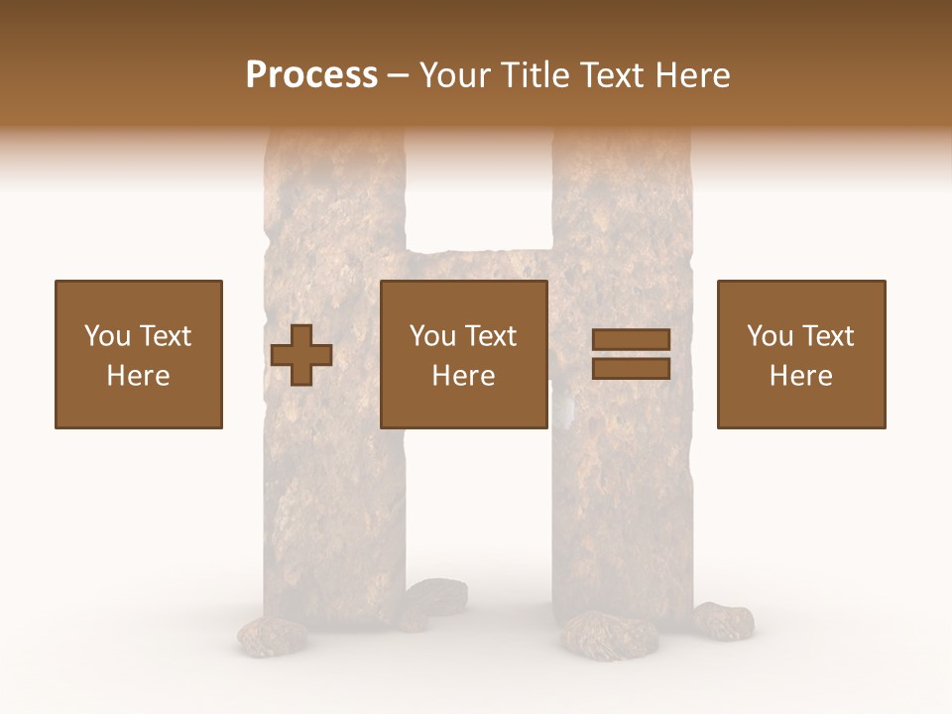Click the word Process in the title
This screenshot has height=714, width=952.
click(x=311, y=75)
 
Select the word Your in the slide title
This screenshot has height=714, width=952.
click(x=451, y=75)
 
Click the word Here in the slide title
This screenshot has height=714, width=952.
click(x=692, y=75)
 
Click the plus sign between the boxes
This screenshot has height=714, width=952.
click(x=301, y=355)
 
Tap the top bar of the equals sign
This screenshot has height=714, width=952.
click(x=631, y=339)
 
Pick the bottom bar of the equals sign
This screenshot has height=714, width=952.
click(x=631, y=369)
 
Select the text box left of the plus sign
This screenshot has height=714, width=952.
click(x=139, y=354)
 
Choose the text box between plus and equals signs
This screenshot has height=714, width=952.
click(x=464, y=354)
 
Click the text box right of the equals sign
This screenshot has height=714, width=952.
click(x=801, y=354)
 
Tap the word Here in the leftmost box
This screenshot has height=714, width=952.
click(x=138, y=376)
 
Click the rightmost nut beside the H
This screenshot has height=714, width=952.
click(x=723, y=620)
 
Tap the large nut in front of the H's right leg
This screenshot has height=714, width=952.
click(x=598, y=634)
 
